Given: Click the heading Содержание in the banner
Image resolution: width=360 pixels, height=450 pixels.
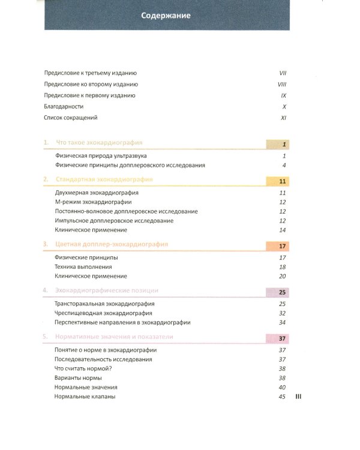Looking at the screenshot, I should (166, 16).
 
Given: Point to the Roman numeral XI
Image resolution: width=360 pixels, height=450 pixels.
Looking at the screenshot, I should (284, 118).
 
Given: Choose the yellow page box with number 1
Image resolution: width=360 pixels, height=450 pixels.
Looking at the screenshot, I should (277, 145).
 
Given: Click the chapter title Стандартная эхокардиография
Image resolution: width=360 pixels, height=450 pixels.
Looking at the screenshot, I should (104, 179).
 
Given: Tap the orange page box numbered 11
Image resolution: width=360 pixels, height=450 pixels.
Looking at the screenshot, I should (277, 181).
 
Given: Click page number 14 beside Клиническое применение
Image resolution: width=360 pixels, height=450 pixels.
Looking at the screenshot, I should (283, 230).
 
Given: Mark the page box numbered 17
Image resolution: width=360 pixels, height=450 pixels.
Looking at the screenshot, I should (277, 246).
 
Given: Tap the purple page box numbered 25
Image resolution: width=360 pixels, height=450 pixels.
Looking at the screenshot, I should (277, 292).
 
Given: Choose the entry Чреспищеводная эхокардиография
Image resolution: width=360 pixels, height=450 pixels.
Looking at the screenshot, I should (103, 313).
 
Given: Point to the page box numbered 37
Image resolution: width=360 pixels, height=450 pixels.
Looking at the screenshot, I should (277, 338).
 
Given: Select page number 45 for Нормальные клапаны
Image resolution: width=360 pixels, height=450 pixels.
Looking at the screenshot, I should (282, 397).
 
